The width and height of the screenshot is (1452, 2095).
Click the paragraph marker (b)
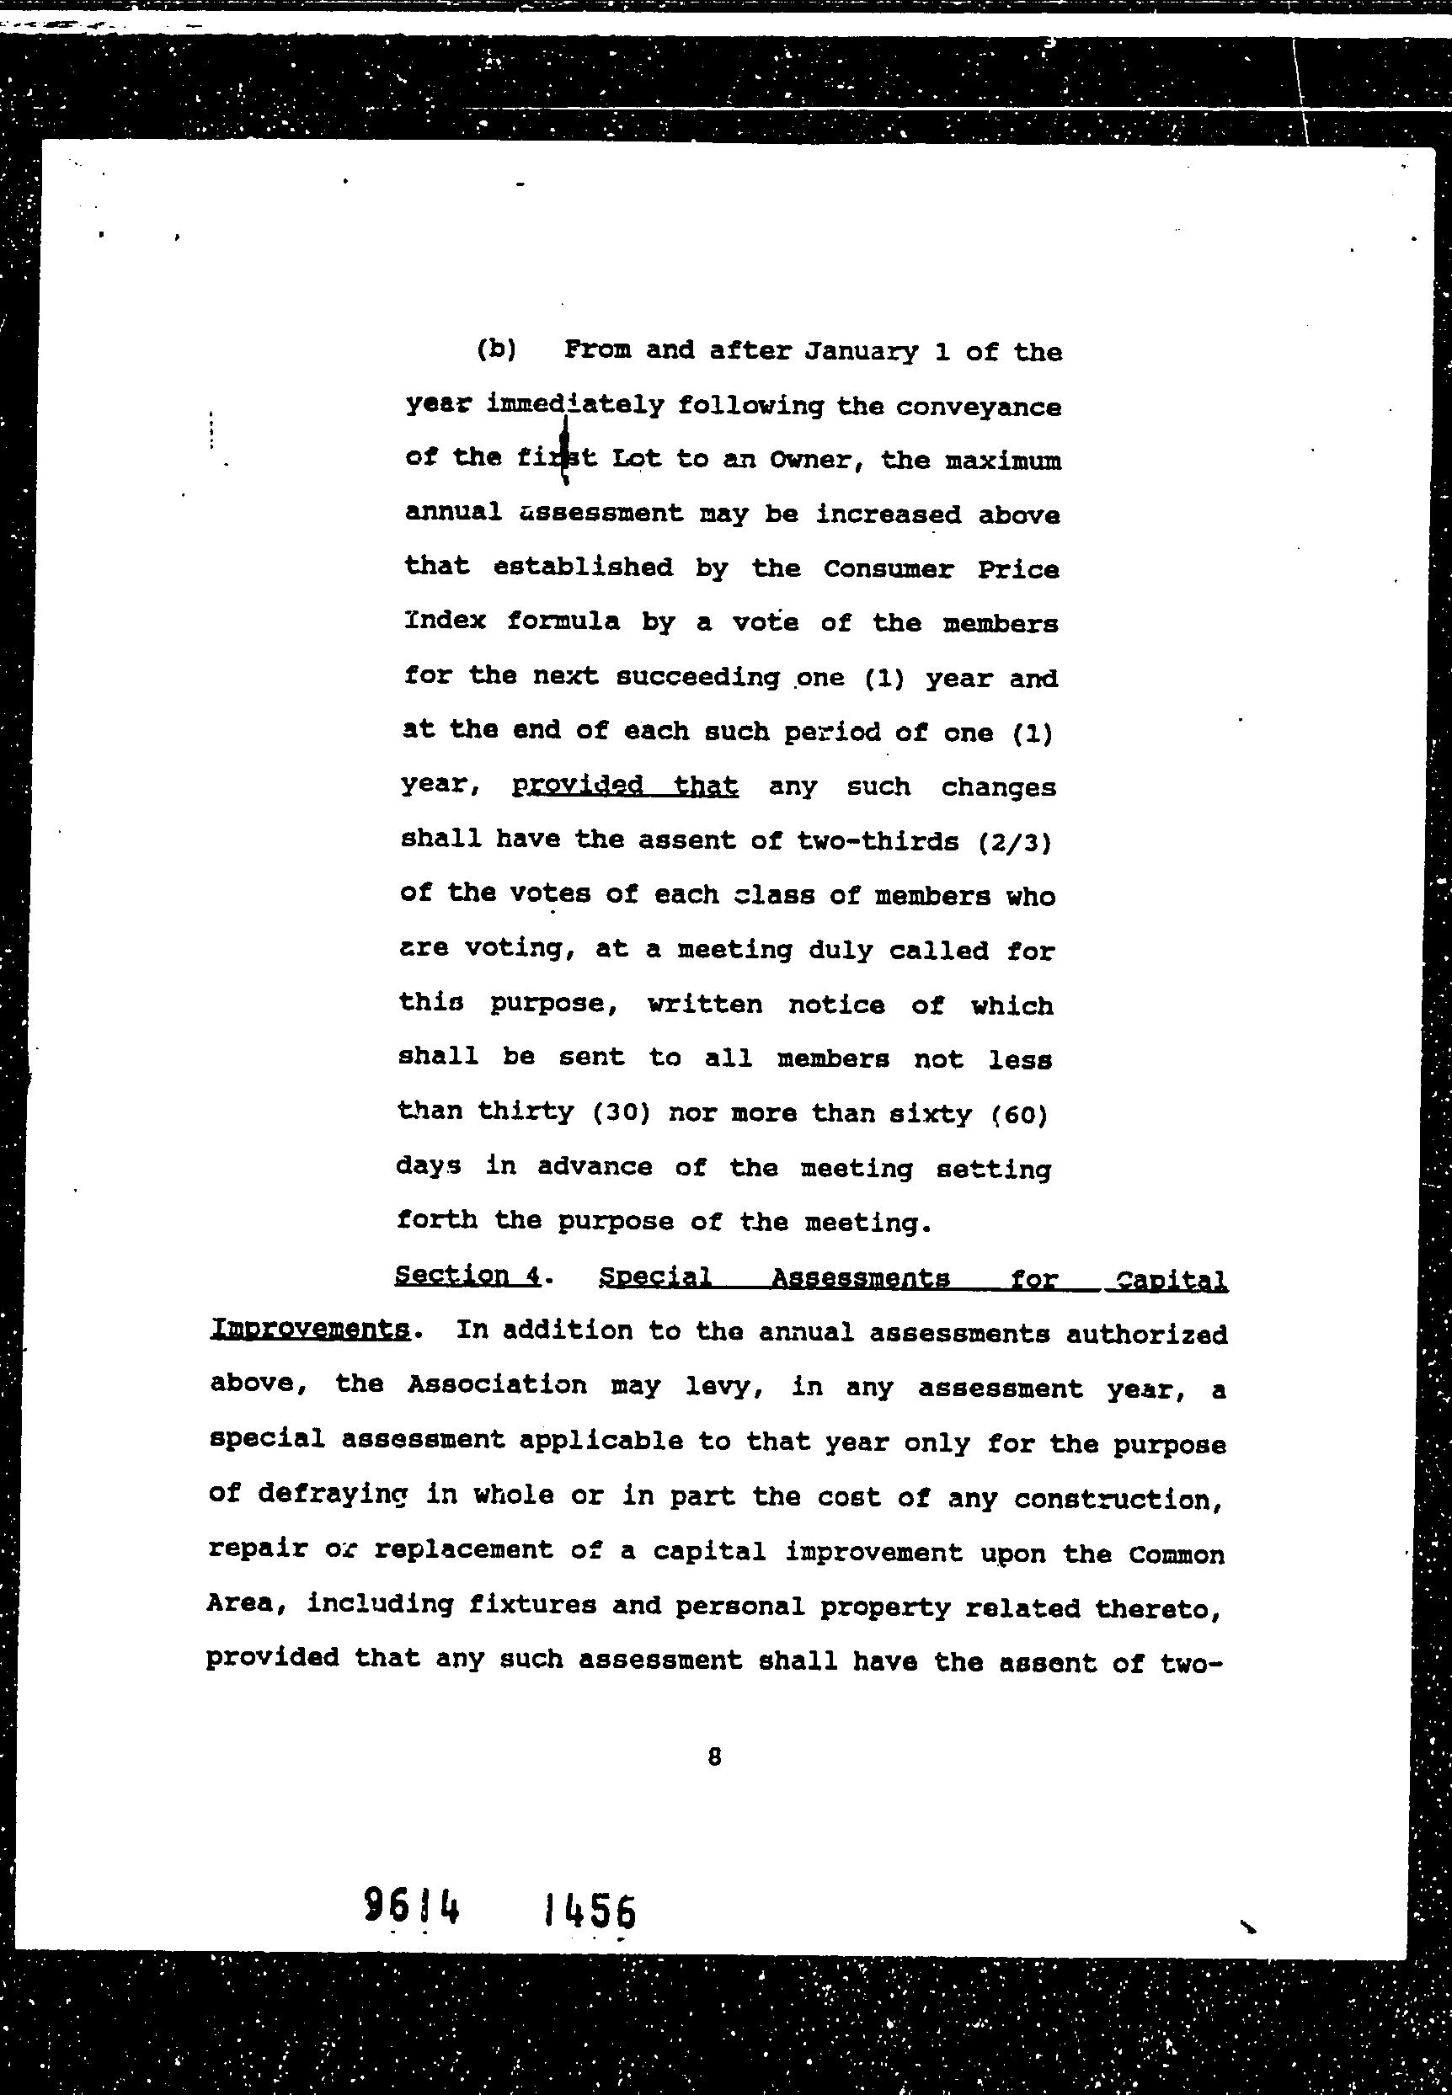(496, 349)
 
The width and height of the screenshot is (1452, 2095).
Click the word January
(861, 352)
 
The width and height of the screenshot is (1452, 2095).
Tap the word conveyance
(978, 407)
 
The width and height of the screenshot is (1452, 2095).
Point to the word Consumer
(888, 569)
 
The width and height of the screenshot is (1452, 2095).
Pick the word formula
(563, 622)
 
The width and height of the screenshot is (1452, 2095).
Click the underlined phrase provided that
(625, 785)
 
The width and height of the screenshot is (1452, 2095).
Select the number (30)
(621, 1112)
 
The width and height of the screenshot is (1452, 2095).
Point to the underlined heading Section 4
(467, 1276)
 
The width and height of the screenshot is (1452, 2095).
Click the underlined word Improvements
(309, 1329)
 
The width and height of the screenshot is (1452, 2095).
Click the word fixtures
(532, 1604)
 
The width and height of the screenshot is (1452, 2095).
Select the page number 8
(714, 1757)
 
